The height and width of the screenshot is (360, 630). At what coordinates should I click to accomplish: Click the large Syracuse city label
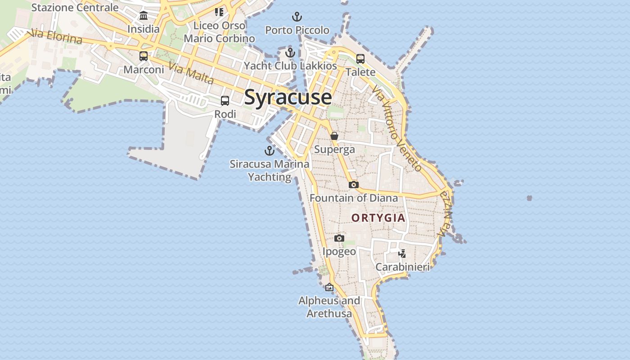point(288,97)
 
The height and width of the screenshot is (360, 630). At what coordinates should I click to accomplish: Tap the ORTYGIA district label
point(378,218)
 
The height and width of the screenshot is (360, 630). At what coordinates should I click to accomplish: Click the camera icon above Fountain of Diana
point(353,184)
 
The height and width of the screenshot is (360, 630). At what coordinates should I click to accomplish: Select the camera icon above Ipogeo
point(339,238)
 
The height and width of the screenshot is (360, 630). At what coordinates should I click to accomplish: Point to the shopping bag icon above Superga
point(334,136)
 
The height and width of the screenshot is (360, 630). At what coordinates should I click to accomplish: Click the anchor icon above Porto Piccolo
point(297,17)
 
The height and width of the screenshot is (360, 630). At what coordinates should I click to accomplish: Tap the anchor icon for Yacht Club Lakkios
point(290,53)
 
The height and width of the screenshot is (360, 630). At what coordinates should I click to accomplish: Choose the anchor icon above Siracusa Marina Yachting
point(270,151)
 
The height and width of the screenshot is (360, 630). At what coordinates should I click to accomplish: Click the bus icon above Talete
point(360,59)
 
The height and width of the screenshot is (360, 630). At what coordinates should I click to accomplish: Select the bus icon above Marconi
point(144,56)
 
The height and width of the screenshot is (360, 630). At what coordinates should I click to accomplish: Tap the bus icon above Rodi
point(225,101)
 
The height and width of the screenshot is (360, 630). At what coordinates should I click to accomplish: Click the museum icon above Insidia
point(144,16)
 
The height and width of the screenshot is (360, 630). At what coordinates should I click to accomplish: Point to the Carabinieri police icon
point(402,254)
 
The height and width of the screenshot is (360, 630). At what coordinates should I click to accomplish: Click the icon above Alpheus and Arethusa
point(329,287)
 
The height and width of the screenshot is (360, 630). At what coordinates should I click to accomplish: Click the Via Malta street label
point(191,73)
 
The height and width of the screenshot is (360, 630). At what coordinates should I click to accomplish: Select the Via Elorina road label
point(55,37)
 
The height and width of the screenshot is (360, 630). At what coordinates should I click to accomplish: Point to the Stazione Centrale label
point(75,7)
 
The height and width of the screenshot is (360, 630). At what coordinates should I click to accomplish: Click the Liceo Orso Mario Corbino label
point(219,32)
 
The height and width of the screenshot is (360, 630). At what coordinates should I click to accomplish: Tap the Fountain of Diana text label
point(354,198)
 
